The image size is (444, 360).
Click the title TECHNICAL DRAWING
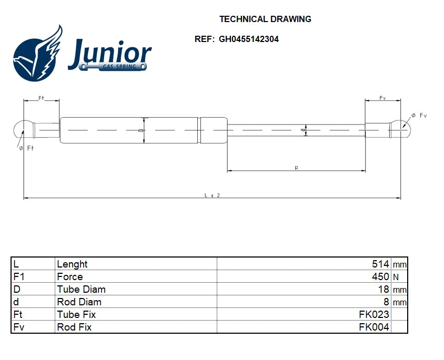pyautogui.click(x=265, y=19)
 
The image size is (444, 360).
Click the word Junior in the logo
pyautogui.click(x=109, y=53)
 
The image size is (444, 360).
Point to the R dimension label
pyautogui.click(x=296, y=168)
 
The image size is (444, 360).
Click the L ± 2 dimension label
pyautogui.click(x=211, y=196)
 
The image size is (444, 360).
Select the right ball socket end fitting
pyautogui.click(x=401, y=128)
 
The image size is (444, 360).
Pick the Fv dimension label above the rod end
pyautogui.click(x=382, y=98)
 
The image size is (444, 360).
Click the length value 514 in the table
pyautogui.click(x=380, y=264)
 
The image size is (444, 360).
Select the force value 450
pyautogui.click(x=380, y=276)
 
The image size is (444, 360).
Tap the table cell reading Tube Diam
pyautogui.click(x=81, y=289)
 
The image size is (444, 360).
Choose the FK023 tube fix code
pyautogui.click(x=374, y=314)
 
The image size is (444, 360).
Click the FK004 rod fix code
pyautogui.click(x=374, y=327)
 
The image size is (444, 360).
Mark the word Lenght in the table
pyautogui.click(x=72, y=264)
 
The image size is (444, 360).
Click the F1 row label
pyautogui.click(x=18, y=276)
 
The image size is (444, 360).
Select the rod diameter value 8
pyautogui.click(x=386, y=302)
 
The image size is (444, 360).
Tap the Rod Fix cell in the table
pyautogui.click(x=74, y=327)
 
